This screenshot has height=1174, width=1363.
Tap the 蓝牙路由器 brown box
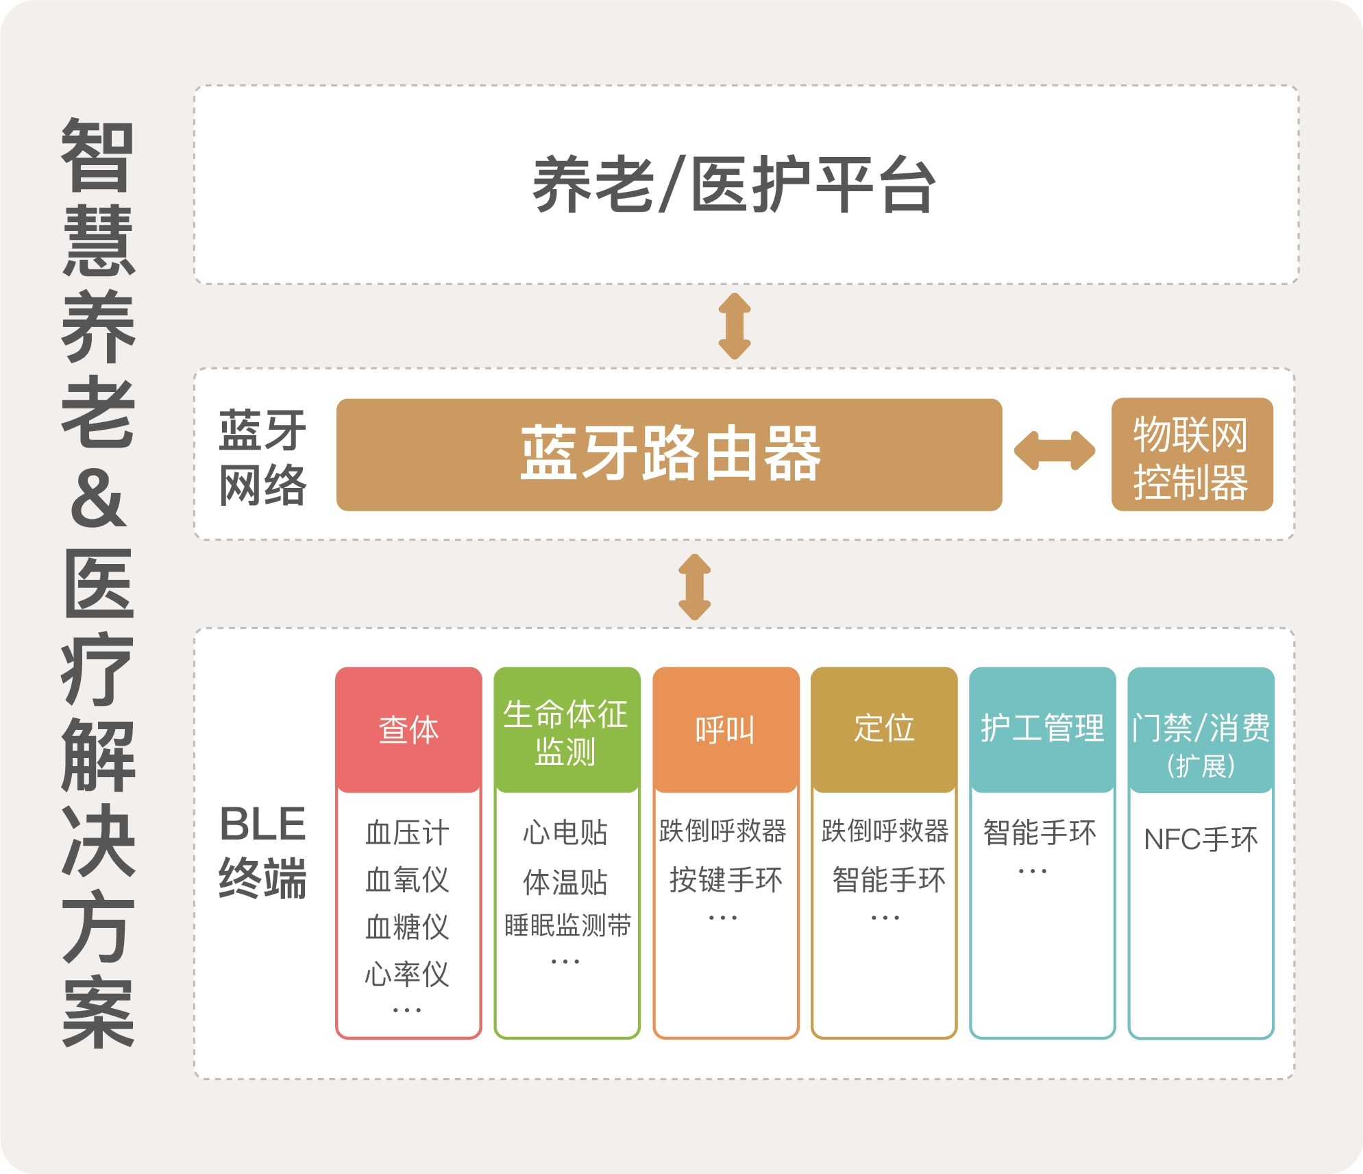pyautogui.click(x=669, y=454)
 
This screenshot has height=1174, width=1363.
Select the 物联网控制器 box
pyautogui.click(x=1191, y=455)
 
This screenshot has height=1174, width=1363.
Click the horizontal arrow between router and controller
pyautogui.click(x=1055, y=451)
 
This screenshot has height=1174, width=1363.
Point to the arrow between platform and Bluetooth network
pyautogui.click(x=735, y=326)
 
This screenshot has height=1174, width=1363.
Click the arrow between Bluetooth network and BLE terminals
pyautogui.click(x=695, y=587)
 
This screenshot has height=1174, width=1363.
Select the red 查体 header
pyautogui.click(x=408, y=729)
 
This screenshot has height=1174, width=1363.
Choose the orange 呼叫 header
pyautogui.click(x=725, y=729)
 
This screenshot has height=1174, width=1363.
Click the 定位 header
pyautogui.click(x=884, y=728)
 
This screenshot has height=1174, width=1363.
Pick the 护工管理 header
pyautogui.click(x=1042, y=728)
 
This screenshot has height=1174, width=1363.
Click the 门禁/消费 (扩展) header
pyautogui.click(x=1201, y=743)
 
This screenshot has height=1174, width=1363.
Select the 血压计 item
pyautogui.click(x=408, y=833)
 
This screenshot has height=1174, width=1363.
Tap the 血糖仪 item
pyautogui.click(x=408, y=927)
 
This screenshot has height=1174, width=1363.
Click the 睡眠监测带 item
pyautogui.click(x=567, y=926)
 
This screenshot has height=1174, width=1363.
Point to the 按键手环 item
pyautogui.click(x=725, y=880)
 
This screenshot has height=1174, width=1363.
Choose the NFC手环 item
pyautogui.click(x=1201, y=840)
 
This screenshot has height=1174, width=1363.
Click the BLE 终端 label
pyautogui.click(x=262, y=851)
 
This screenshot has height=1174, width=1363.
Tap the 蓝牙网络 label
pyautogui.click(x=262, y=457)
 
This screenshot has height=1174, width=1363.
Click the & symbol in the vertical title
pyautogui.click(x=98, y=498)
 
